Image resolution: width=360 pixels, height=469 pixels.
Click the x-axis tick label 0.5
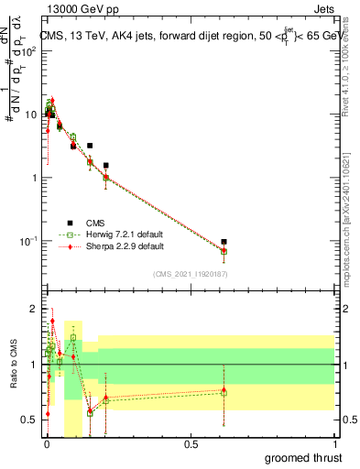tap(191, 443)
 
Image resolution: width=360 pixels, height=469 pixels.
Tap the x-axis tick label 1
tap(335, 443)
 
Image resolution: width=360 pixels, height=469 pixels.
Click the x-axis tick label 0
tap(46, 443)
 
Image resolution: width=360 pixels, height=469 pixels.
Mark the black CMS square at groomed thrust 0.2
tap(106, 166)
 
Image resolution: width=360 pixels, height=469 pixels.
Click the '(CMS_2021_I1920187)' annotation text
tap(190, 274)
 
